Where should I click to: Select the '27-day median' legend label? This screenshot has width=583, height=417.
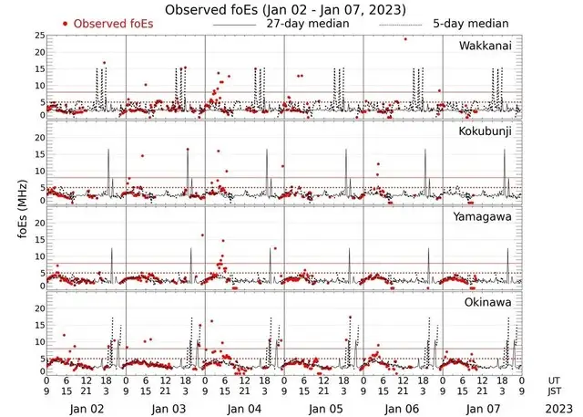(x=307, y=23)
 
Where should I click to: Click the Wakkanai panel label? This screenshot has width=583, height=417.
(x=488, y=45)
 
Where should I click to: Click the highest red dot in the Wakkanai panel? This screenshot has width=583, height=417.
(x=405, y=39)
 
